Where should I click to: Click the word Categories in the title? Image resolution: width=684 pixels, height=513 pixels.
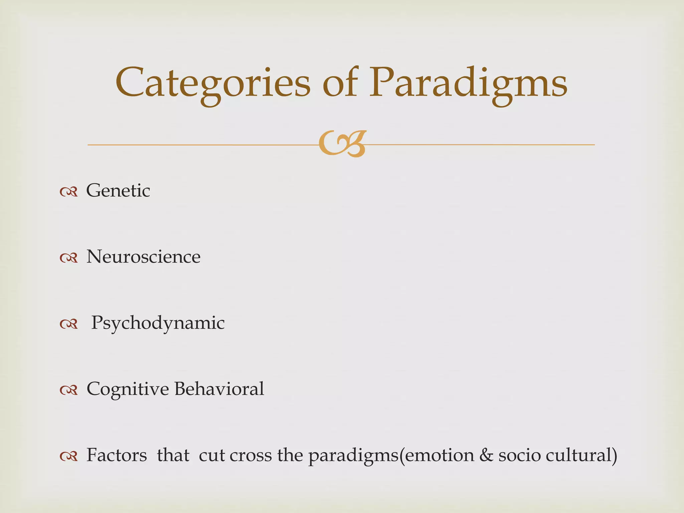coord(213,83)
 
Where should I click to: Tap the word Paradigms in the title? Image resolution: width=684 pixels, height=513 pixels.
coord(468,83)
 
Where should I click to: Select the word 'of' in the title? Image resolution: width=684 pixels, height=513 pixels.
coord(340,83)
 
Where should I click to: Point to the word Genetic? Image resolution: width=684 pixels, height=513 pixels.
coord(118,191)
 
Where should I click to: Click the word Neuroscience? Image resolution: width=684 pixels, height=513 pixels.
coord(144,257)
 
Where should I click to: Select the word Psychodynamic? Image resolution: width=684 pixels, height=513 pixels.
coord(158,323)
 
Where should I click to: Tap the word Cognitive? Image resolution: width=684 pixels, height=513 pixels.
coord(128,389)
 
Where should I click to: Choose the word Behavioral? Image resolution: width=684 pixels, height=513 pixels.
coord(219,389)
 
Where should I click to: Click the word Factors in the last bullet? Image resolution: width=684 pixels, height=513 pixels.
coord(117,455)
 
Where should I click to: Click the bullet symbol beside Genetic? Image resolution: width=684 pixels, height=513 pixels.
coord(69,192)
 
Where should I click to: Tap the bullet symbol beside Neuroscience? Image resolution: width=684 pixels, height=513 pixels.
coord(69,258)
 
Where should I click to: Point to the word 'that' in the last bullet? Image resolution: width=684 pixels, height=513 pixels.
coord(173,455)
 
